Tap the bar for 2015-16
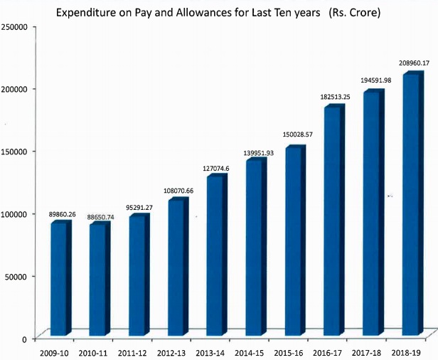pyautogui.click(x=294, y=242)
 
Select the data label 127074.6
pyautogui.click(x=218, y=169)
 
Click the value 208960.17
pyautogui.click(x=413, y=63)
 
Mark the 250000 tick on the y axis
pyautogui.click(x=15, y=26)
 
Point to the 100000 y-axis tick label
pyautogui.click(x=15, y=213)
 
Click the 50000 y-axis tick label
pyautogui.click(x=17, y=276)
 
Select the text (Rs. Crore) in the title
pyautogui.click(x=353, y=12)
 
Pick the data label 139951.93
pyautogui.click(x=257, y=153)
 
